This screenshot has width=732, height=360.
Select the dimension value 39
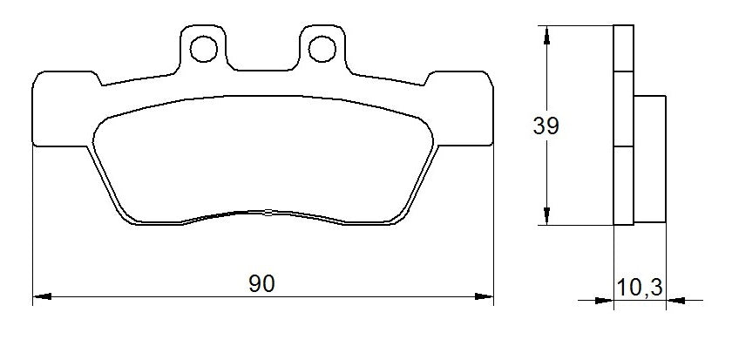pyautogui.click(x=546, y=126)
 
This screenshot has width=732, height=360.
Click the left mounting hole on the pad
pyautogui.click(x=204, y=47)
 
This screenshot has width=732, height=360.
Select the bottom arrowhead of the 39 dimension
pyautogui.click(x=546, y=217)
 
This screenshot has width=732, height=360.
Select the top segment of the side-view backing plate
pyautogui.click(x=622, y=47)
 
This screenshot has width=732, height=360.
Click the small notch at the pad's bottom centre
pyautogui.click(x=267, y=211)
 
